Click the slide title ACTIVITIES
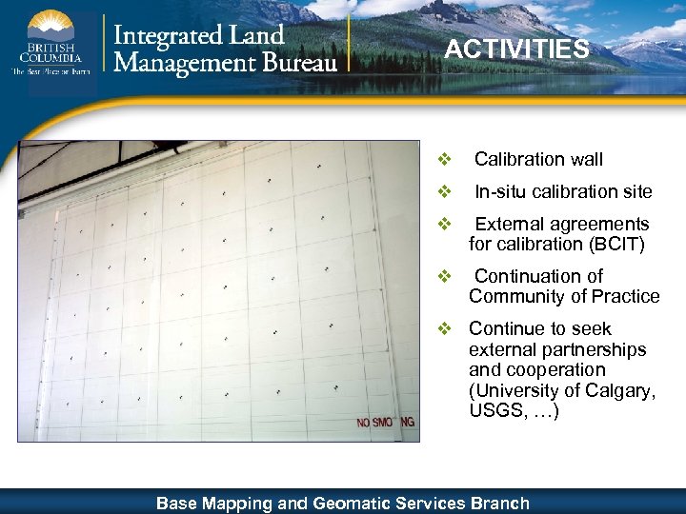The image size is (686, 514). pos(516,49)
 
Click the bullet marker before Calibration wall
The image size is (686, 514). pos(443,159)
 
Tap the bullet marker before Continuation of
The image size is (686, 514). pos(443,276)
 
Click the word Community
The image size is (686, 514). pos(515,296)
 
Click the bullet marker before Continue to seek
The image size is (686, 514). pos(443,328)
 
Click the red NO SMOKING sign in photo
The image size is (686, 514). pos(386,422)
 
